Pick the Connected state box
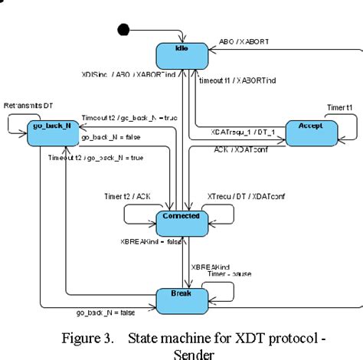[x=182, y=218]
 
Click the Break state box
[x=182, y=295]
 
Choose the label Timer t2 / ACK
[x=126, y=196]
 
